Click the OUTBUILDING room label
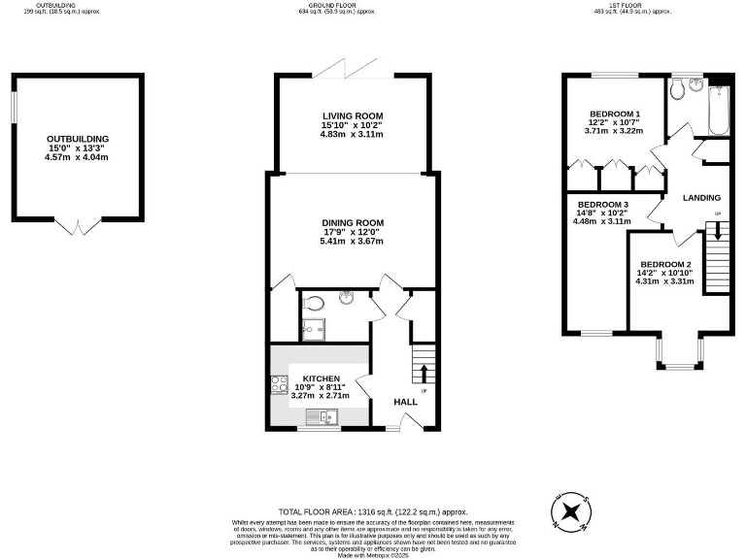click(x=78, y=139)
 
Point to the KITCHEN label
click(x=321, y=378)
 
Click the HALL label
click(x=405, y=402)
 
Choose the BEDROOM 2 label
click(x=665, y=265)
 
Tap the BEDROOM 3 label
click(x=603, y=205)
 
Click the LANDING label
click(x=701, y=198)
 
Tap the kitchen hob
click(x=275, y=383)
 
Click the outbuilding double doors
click(x=77, y=227)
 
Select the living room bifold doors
click(x=353, y=71)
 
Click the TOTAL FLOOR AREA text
click(x=373, y=510)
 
